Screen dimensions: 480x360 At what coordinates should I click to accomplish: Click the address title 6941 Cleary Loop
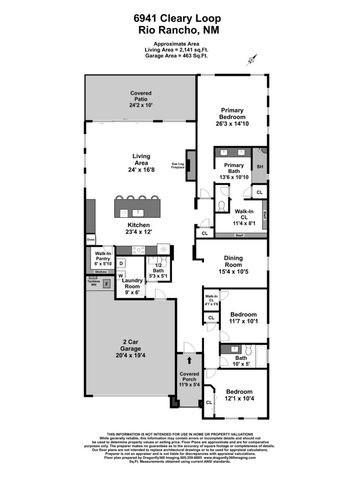180,20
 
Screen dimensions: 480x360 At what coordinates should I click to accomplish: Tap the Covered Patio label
141,97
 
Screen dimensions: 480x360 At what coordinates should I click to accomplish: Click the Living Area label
143,161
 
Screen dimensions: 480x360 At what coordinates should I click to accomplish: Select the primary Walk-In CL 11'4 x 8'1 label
245,217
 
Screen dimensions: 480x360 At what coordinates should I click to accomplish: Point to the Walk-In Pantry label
102,257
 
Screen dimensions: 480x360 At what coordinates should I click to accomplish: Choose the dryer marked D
121,263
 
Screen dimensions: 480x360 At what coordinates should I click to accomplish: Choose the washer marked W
121,277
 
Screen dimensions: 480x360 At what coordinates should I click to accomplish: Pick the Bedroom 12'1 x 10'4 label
239,396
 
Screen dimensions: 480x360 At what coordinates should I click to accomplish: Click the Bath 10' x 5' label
241,361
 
